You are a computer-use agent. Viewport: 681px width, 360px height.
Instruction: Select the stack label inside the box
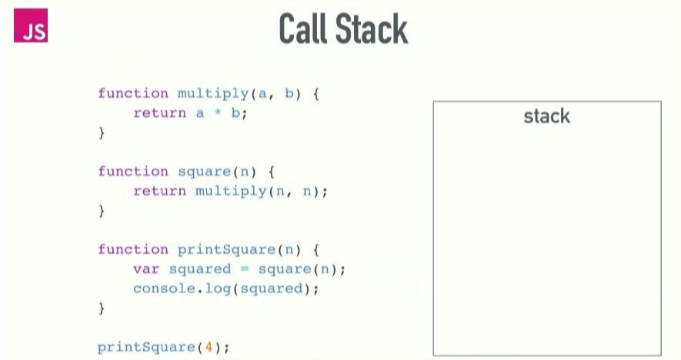pos(546,116)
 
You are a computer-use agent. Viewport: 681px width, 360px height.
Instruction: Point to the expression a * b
pos(222,113)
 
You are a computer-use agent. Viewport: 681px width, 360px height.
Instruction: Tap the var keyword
pos(146,268)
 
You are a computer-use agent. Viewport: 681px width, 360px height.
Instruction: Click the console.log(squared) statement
pos(225,288)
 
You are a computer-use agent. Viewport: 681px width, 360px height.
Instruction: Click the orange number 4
pos(208,347)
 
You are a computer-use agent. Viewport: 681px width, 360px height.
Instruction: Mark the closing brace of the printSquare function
pos(102,308)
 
